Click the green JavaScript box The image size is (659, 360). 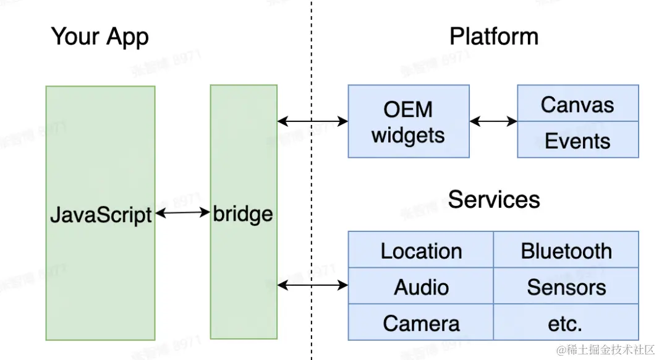point(100,213)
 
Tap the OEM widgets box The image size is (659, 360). point(408,122)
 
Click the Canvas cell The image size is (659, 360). point(577,104)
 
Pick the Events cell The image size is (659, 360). point(577,140)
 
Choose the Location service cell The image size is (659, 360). point(421,251)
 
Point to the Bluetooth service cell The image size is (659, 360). point(566,251)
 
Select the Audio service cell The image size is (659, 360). point(421,286)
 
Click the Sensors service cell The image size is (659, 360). point(566,286)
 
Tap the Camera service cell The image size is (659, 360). point(421,322)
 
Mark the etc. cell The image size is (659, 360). point(566,322)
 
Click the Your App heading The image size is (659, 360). point(100,36)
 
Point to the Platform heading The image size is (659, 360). point(493,36)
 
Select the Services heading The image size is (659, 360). point(493,199)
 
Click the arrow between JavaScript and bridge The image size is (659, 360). point(182,213)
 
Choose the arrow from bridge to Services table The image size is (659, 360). point(312,285)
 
